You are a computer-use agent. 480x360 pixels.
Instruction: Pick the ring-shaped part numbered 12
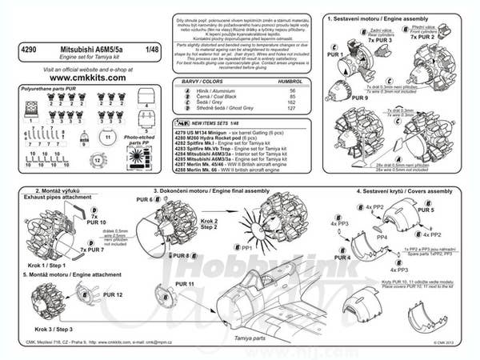coord(98,159)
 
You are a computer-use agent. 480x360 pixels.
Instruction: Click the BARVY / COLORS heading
coord(204,82)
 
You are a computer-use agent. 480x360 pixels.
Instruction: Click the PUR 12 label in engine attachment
coord(114,295)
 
